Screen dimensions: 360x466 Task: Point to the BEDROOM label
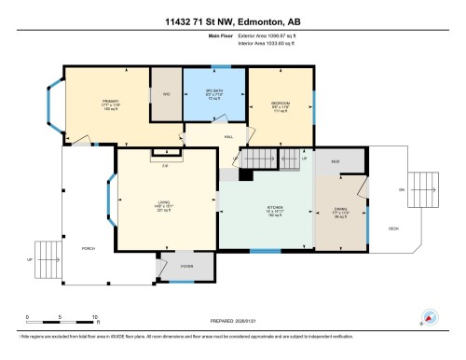(x=279, y=104)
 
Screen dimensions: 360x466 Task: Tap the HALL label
(x=227, y=137)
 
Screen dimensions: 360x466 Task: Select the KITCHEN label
(x=275, y=210)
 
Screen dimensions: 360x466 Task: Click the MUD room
(x=334, y=160)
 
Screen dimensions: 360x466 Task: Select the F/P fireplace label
(x=164, y=165)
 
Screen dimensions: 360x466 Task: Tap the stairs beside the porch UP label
(x=45, y=259)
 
